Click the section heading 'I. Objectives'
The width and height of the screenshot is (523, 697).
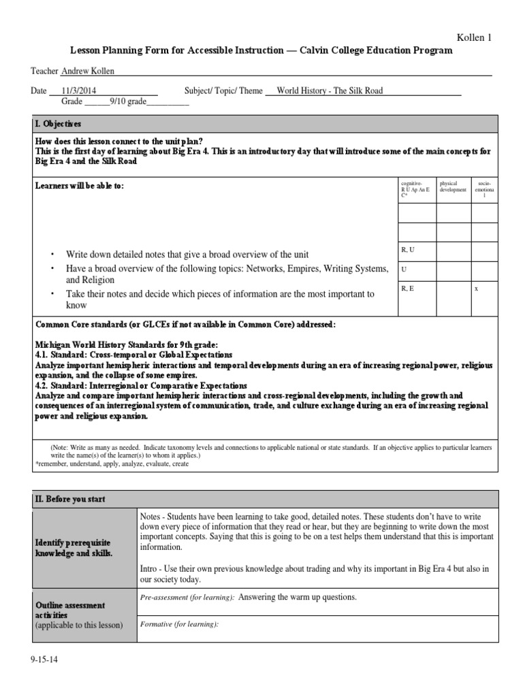pos(58,124)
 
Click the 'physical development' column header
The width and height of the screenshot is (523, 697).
pos(453,187)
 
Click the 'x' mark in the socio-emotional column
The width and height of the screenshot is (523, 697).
pos(476,289)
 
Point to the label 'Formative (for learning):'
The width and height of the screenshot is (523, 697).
pos(179,623)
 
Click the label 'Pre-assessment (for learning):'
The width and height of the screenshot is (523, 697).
pos(187,597)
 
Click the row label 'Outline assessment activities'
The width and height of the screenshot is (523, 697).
pos(70,610)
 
